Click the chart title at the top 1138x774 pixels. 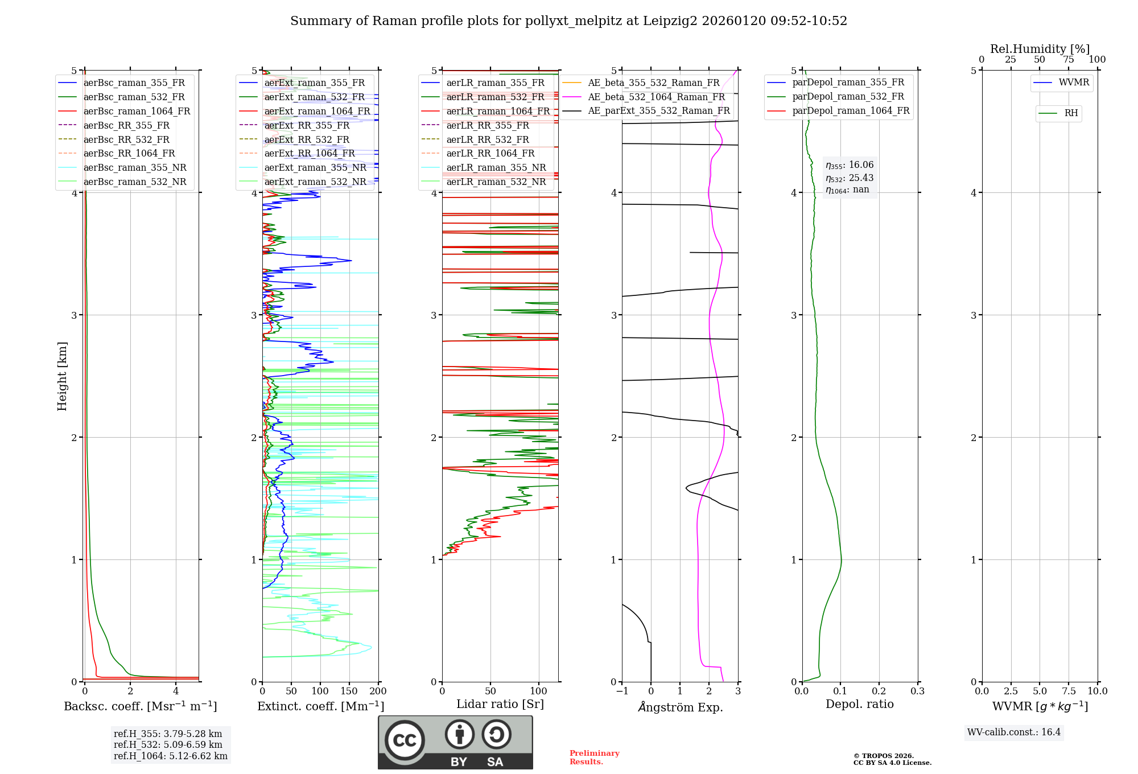568,21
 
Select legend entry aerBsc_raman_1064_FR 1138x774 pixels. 137,112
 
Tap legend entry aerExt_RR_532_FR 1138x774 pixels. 307,139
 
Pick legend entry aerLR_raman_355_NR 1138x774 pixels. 496,167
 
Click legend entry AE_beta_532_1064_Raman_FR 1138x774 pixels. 656,97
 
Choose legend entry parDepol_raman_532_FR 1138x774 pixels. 848,97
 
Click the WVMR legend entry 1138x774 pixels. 1074,83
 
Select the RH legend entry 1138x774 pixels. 1071,113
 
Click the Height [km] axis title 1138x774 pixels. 62,376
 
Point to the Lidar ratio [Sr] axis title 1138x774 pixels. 500,704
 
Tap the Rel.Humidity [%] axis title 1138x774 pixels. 1040,49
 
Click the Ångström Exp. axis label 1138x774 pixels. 680,707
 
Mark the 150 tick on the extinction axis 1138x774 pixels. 349,691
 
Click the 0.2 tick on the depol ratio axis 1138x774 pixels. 879,691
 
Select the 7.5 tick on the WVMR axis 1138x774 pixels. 1069,691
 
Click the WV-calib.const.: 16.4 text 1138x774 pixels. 1014,732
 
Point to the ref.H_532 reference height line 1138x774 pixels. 168,744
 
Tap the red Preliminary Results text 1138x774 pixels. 594,757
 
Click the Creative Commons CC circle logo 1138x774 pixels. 405,740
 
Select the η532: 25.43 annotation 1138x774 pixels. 850,178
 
